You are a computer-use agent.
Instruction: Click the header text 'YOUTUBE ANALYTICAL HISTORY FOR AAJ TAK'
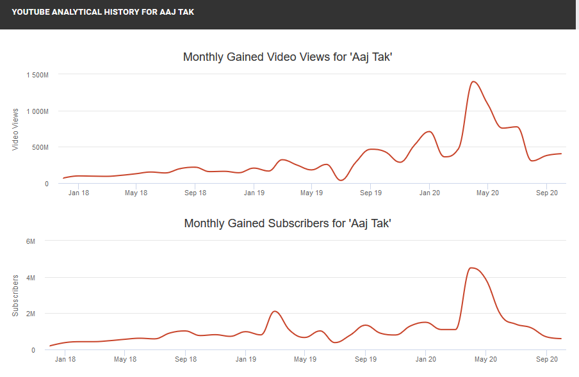pyautogui.click(x=102, y=12)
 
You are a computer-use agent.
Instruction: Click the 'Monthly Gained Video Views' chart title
pyautogui.click(x=287, y=57)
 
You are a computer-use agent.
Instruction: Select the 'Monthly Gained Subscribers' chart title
pyautogui.click(x=288, y=223)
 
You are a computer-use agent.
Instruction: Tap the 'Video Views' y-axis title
pyautogui.click(x=15, y=129)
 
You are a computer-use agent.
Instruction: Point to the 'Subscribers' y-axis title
pyautogui.click(x=15, y=296)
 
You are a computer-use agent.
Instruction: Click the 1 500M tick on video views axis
pyautogui.click(x=37, y=75)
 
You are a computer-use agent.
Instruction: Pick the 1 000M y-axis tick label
pyautogui.click(x=37, y=111)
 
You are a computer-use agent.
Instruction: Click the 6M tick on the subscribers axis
pyautogui.click(x=30, y=241)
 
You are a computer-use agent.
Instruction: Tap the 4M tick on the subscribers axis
pyautogui.click(x=30, y=278)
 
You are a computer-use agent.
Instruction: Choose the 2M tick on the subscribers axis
pyautogui.click(x=30, y=314)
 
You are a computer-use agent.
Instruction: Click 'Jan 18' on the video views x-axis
pyautogui.click(x=78, y=193)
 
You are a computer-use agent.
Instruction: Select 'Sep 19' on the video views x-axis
pyautogui.click(x=370, y=193)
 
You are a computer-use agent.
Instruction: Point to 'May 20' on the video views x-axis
pyautogui.click(x=487, y=193)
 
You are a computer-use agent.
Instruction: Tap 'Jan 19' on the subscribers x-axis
pyautogui.click(x=246, y=359)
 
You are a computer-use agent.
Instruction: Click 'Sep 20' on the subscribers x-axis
pyautogui.click(x=546, y=359)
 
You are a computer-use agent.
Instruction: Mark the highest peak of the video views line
pyautogui.click(x=473, y=81)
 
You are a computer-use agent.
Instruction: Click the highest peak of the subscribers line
pyautogui.click(x=471, y=268)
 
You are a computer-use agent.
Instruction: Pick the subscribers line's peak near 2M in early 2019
pyautogui.click(x=274, y=311)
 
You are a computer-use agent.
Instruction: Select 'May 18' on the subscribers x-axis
pyautogui.click(x=126, y=359)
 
